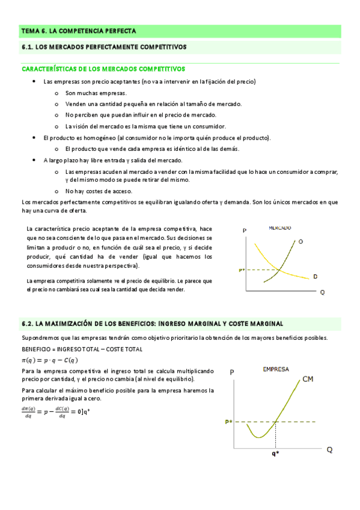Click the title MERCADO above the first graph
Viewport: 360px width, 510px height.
pos(280,229)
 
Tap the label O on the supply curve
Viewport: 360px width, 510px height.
pos(301,241)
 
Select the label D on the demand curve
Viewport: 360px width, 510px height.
pos(315,276)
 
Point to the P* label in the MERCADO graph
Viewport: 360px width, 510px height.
pos(242,271)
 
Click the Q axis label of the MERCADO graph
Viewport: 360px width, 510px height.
pos(323,292)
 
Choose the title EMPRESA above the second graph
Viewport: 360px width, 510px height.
pos(275,369)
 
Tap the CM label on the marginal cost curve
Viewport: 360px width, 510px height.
pos(308,379)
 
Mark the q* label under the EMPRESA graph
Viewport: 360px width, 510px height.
pos(275,455)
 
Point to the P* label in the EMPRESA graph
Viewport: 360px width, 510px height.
pos(229,422)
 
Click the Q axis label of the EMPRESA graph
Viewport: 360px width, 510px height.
pos(329,450)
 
